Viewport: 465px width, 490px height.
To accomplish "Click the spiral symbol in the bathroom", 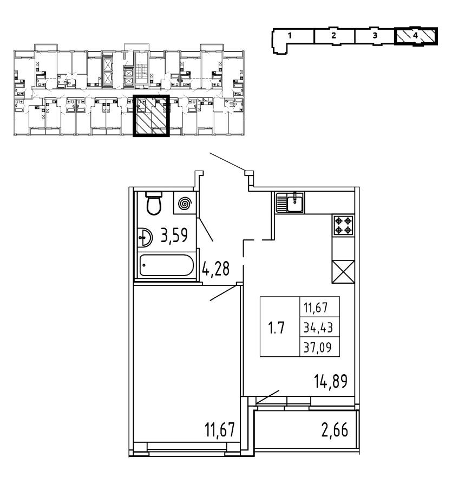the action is (185, 204).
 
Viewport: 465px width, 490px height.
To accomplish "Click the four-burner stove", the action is (343, 225).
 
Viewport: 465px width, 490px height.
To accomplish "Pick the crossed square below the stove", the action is (343, 270).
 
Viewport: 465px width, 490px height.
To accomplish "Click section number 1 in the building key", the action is (291, 35).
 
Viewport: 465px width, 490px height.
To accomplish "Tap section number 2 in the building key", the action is (333, 35).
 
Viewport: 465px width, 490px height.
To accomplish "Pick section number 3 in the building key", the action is (375, 35).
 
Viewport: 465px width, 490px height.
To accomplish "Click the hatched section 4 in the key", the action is (416, 35).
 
